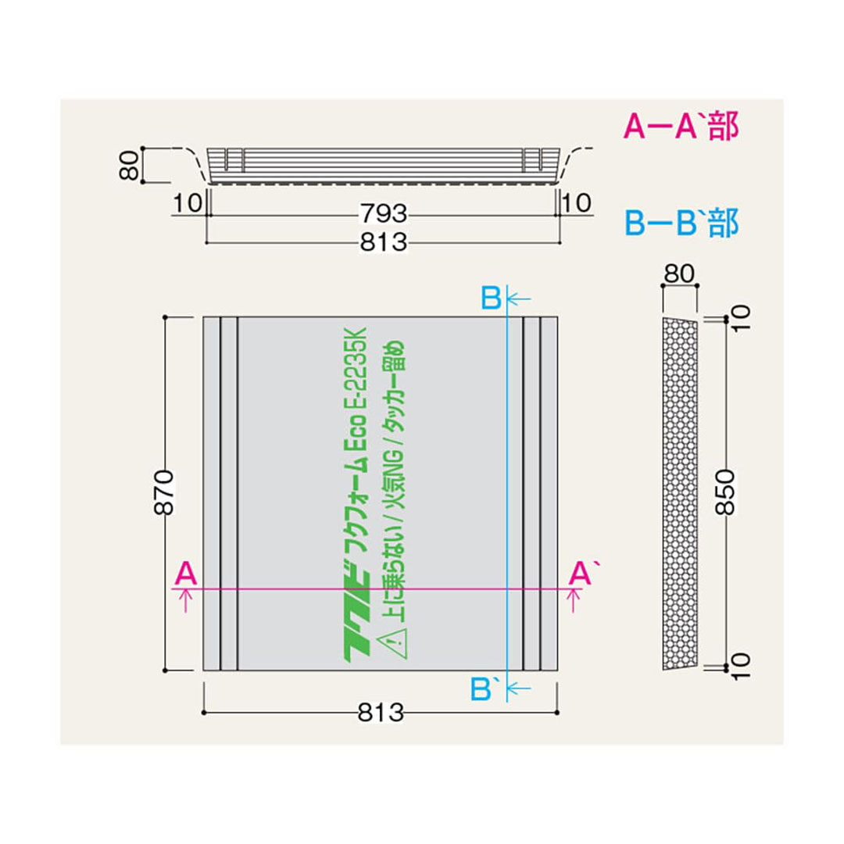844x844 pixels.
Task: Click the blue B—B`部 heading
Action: [x=680, y=224]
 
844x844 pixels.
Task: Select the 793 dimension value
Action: [x=384, y=212]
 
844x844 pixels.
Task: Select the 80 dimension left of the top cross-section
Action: [x=133, y=165]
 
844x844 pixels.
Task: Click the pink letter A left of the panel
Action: [x=184, y=574]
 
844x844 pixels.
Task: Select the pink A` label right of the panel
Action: [x=580, y=574]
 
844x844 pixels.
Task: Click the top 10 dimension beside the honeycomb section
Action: [x=742, y=317]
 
